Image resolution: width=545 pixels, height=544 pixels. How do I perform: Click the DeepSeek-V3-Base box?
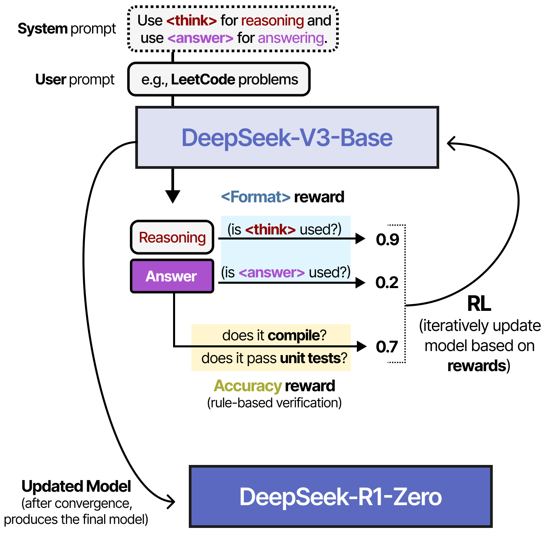(287, 138)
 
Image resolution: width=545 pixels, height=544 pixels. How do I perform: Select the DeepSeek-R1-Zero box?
(340, 496)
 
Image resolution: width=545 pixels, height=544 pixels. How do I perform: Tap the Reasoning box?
(172, 237)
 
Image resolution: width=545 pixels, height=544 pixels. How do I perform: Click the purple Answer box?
(172, 276)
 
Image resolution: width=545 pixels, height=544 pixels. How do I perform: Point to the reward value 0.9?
(387, 239)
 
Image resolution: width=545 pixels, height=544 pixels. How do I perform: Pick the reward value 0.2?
(387, 282)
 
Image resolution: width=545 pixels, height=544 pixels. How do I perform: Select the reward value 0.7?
(387, 346)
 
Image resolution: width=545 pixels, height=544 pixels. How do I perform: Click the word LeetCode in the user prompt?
(203, 80)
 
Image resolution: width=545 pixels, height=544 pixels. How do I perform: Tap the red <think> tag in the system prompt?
(191, 21)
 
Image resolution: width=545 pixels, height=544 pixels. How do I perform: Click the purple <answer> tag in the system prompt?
(200, 38)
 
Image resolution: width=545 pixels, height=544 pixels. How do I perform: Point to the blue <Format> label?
(255, 197)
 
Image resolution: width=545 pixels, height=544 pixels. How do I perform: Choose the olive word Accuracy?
(248, 386)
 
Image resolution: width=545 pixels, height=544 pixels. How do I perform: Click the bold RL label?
(479, 304)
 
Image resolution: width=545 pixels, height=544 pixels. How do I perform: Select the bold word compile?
(294, 335)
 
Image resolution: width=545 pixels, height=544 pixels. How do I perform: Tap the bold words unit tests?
(310, 358)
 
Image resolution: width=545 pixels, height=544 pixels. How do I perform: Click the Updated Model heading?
(76, 486)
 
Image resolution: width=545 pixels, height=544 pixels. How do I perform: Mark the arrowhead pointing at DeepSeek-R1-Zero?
(172, 502)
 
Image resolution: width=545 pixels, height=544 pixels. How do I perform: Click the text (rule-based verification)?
(274, 403)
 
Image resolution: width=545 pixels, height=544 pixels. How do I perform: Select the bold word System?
(43, 29)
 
